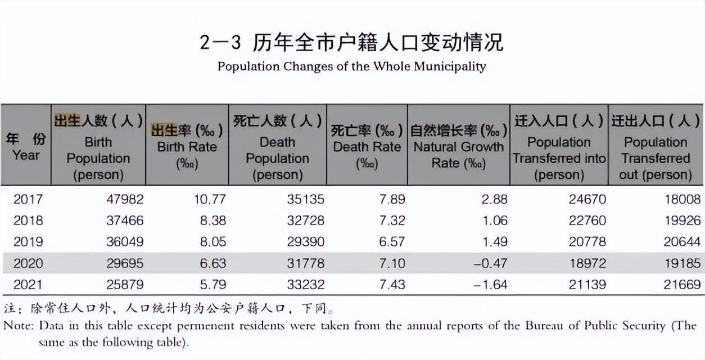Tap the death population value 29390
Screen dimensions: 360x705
click(x=306, y=242)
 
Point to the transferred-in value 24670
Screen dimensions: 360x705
click(x=587, y=199)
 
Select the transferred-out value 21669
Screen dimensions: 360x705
click(x=682, y=285)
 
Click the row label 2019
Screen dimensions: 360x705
click(x=28, y=242)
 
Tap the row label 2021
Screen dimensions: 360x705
click(x=28, y=285)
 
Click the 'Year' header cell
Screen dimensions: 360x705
click(x=26, y=146)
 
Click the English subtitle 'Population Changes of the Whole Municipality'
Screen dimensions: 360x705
click(x=352, y=66)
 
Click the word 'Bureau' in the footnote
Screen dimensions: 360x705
click(x=544, y=325)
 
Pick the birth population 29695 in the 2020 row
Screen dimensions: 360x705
click(x=125, y=263)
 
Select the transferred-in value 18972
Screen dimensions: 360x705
click(x=587, y=263)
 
